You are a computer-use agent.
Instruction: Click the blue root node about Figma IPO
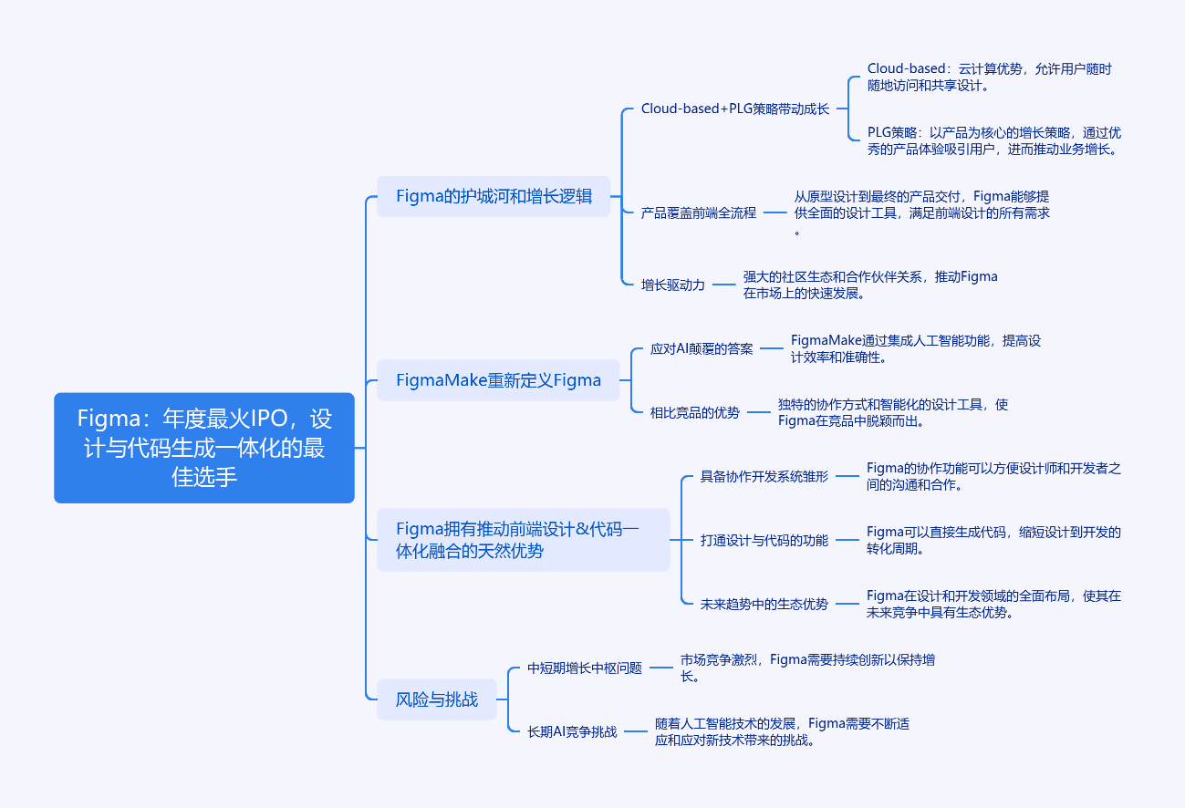click(204, 448)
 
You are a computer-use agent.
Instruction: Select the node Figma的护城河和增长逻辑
click(494, 196)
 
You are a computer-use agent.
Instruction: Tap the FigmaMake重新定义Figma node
click(498, 380)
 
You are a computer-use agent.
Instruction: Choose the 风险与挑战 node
click(437, 699)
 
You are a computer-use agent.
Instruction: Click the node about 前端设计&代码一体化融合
click(524, 540)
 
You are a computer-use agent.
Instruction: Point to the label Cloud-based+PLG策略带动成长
click(734, 109)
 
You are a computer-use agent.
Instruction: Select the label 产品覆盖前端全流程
click(698, 212)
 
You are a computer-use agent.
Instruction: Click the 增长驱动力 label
click(673, 285)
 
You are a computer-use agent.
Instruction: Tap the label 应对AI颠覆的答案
click(702, 348)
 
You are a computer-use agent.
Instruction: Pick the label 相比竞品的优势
click(694, 412)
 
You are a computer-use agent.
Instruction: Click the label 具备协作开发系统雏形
click(764, 476)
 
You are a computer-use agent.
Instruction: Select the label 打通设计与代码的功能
click(764, 540)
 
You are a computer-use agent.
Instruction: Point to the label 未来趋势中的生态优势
click(764, 604)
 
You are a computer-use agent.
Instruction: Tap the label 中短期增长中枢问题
click(585, 668)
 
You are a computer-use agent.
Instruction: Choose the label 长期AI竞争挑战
click(572, 731)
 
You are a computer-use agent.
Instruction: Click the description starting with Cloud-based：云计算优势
click(989, 77)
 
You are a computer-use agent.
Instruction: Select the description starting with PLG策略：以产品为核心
click(994, 140)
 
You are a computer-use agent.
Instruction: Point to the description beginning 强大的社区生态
click(870, 285)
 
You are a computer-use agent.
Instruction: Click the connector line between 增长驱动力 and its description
click(723, 285)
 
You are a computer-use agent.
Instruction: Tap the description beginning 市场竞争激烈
click(807, 668)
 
